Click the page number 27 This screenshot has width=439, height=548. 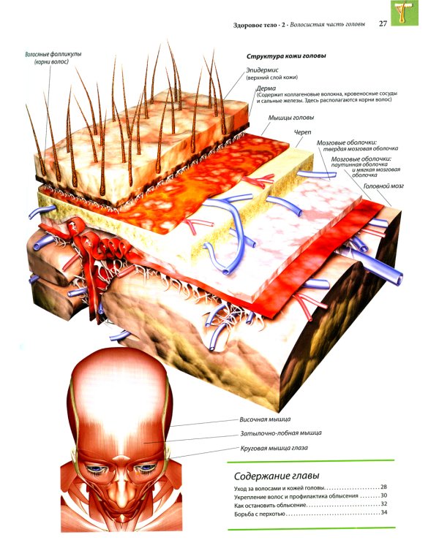[x=383, y=23]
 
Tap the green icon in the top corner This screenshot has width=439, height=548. [x=405, y=12]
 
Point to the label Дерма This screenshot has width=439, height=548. [x=266, y=88]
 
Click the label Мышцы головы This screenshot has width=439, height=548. [x=291, y=118]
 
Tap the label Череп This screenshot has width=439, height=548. [x=302, y=132]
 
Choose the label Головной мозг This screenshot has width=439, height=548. [x=383, y=186]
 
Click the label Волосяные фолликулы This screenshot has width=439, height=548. [x=53, y=55]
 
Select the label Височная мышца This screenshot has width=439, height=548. [x=265, y=419]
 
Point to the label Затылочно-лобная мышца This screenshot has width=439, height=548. [x=281, y=433]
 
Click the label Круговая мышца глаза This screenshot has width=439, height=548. [x=274, y=448]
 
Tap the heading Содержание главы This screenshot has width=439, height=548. [x=277, y=476]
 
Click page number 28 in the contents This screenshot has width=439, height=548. [x=383, y=487]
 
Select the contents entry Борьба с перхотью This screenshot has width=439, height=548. [x=260, y=514]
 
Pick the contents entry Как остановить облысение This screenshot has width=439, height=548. [x=270, y=506]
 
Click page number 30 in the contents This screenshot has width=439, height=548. [x=383, y=495]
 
